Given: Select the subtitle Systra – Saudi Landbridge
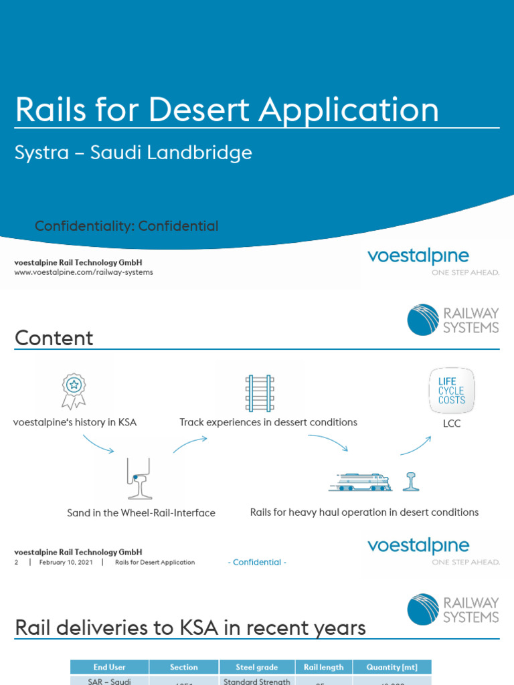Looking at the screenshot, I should (133, 153).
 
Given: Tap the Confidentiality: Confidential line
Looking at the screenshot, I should (126, 226).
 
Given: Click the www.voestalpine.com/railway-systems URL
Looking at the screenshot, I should (84, 272).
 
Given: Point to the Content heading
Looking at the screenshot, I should (54, 338).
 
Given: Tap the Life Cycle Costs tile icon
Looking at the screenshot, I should (452, 390).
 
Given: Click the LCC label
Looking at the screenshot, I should (452, 424).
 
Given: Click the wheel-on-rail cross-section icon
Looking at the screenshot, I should (140, 479).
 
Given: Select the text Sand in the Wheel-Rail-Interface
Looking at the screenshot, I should (141, 513).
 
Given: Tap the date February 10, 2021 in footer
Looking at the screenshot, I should (66, 563).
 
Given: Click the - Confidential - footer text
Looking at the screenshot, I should (257, 563).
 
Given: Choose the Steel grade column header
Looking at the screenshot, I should (256, 667).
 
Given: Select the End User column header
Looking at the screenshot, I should (110, 667).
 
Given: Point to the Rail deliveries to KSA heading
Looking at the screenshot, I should (190, 627).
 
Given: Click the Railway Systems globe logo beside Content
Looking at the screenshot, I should (423, 320).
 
